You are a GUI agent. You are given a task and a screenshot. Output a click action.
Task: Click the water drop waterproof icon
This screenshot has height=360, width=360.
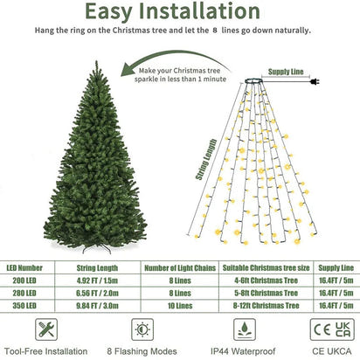(x=241, y=330)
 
